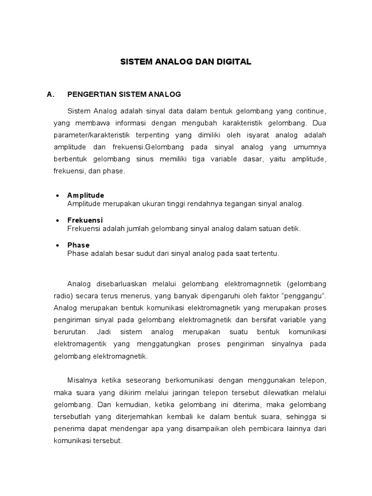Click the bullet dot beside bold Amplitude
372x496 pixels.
(x=58, y=195)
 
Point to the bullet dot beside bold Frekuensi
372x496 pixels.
(x=58, y=220)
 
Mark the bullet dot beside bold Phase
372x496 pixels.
(x=58, y=245)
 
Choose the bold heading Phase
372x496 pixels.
(x=78, y=245)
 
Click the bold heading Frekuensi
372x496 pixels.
(x=85, y=220)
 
